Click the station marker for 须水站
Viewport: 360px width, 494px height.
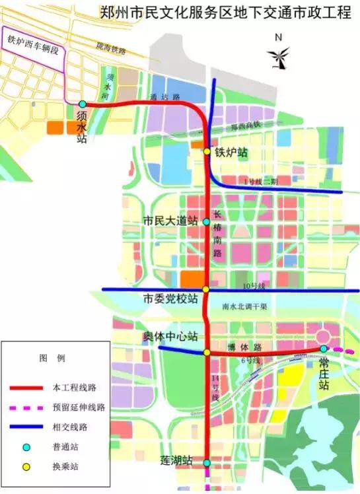point(83,104)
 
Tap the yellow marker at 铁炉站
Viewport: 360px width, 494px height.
point(207,152)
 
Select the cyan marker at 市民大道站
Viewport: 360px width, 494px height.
point(207,221)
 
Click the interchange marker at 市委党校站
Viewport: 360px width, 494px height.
point(207,289)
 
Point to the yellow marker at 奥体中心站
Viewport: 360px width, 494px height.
point(207,353)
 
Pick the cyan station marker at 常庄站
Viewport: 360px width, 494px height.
point(323,348)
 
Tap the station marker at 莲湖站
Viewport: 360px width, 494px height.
point(207,463)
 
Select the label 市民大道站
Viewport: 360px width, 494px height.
point(170,221)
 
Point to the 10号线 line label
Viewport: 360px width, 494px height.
point(253,286)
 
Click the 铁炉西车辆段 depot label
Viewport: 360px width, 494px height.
point(33,39)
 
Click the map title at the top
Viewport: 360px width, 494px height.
point(225,13)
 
